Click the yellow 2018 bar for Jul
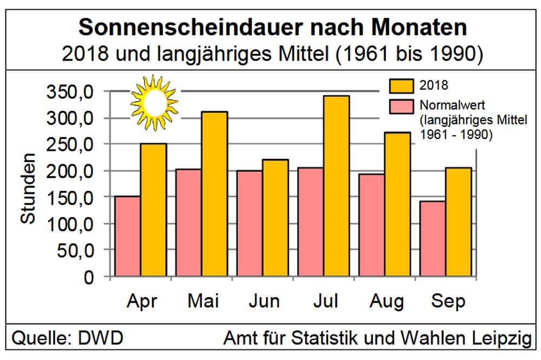click(337, 186)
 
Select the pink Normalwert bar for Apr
click(128, 236)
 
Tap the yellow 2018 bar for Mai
click(214, 195)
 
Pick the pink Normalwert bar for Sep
click(432, 239)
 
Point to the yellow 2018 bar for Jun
click(275, 218)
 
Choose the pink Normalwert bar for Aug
click(372, 225)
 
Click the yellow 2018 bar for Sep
click(458, 222)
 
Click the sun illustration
click(154, 102)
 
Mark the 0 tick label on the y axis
click(88, 277)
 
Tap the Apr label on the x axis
click(142, 301)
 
